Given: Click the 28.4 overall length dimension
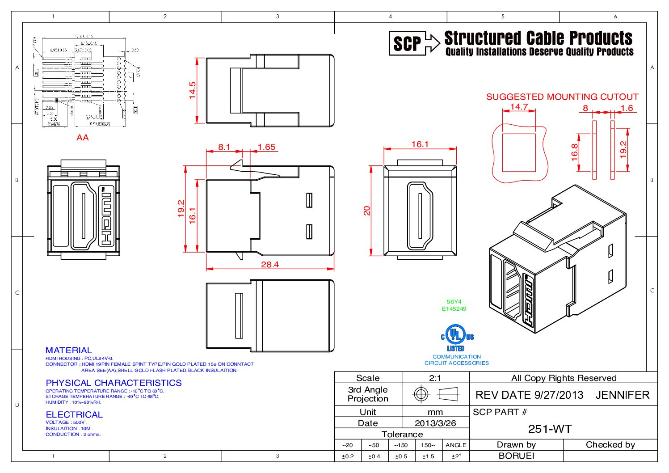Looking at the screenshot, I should [270, 264].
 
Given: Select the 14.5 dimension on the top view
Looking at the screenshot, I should [193, 90].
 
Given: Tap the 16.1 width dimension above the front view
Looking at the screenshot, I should [420, 144].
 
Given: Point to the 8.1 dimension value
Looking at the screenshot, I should [224, 147].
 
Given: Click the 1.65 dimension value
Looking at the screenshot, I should [266, 147].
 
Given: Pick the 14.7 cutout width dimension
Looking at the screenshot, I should [519, 107].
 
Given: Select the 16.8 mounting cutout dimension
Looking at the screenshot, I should [575, 152].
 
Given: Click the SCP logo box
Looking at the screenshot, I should [407, 43].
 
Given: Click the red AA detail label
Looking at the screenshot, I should [83, 138].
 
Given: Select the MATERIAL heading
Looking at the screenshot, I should [68, 350].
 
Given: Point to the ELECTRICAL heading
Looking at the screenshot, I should [74, 414].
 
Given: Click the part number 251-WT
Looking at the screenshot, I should [550, 429].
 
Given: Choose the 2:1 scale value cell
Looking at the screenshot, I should [435, 378].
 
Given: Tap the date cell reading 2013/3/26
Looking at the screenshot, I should [435, 423].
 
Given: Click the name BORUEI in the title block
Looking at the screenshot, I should [516, 456].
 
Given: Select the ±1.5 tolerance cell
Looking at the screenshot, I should [428, 456].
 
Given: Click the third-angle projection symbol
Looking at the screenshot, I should [435, 394].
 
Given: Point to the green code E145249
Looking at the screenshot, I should [454, 308].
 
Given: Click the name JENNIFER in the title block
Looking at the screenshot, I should [622, 395].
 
